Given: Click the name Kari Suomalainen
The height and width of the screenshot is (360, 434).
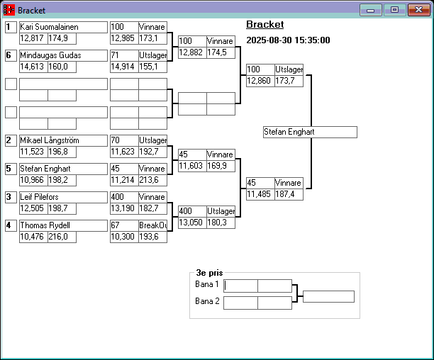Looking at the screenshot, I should (49, 27).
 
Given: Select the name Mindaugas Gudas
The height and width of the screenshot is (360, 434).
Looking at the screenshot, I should (50, 55).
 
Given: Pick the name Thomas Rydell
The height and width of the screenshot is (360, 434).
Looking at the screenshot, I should (44, 225).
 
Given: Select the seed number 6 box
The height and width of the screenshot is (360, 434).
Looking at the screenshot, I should (11, 55).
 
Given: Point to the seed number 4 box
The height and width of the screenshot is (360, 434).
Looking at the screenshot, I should (11, 225).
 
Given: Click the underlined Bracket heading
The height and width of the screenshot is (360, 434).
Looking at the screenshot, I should (265, 25).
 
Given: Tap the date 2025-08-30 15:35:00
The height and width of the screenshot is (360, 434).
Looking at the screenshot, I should (288, 40).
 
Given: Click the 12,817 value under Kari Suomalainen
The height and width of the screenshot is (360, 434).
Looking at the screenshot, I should (33, 38).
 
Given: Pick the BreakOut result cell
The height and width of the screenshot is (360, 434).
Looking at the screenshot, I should (152, 225).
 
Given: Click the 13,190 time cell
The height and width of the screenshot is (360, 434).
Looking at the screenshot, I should (123, 208).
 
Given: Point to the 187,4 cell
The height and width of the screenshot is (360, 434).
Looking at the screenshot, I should (289, 194).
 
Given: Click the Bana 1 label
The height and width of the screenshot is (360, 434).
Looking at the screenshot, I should (207, 284).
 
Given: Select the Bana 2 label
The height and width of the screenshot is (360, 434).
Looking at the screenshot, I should (207, 302).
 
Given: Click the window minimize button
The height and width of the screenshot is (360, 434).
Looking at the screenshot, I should (371, 10).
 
